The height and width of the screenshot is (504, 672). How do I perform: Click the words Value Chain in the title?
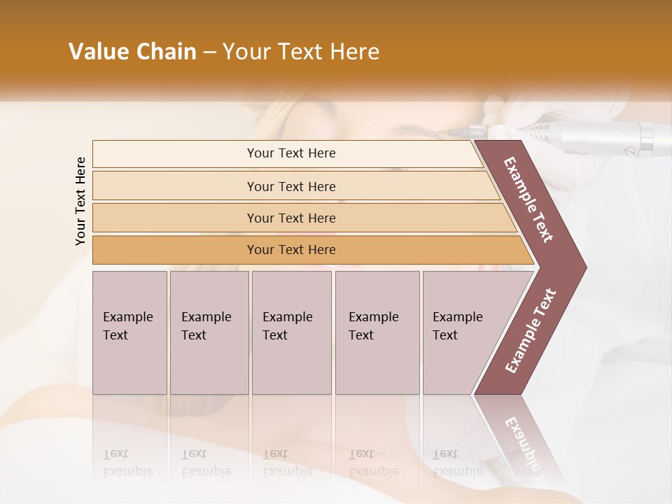click(x=132, y=52)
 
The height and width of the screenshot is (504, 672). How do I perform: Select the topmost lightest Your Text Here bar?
click(x=290, y=153)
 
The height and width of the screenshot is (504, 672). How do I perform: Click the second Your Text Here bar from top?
click(x=290, y=186)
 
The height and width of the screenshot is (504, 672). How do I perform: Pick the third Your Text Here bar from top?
click(x=290, y=218)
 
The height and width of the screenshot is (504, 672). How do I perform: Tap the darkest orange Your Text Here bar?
click(x=290, y=250)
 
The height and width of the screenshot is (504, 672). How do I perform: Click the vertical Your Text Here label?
click(x=81, y=201)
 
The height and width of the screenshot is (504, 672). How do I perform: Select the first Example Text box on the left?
click(x=129, y=332)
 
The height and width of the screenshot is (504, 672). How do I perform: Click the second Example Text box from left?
click(x=209, y=332)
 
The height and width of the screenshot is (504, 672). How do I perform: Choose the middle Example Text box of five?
click(x=291, y=332)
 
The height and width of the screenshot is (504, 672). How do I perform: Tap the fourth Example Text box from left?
click(x=377, y=332)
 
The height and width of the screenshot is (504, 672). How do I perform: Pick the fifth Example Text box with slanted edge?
click(x=462, y=332)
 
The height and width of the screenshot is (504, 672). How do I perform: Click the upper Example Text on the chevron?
click(x=528, y=200)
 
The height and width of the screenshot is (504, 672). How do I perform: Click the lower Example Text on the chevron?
click(x=531, y=330)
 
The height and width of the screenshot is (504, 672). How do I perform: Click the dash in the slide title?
click(x=209, y=52)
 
